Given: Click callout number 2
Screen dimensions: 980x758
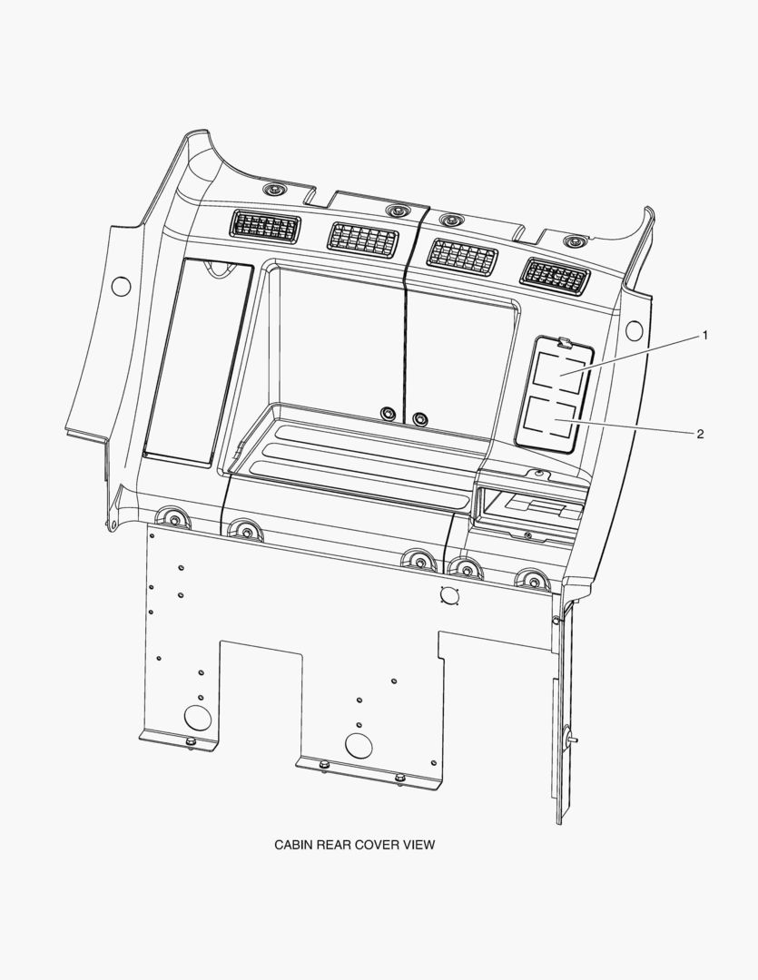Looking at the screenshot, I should click(700, 434).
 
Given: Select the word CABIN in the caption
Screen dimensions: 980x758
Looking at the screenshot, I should click(293, 845).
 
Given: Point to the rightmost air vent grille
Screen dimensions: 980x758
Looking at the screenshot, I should click(555, 275).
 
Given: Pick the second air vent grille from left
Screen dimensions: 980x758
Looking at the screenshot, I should click(362, 239).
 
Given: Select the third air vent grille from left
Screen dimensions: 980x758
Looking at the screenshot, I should click(462, 257).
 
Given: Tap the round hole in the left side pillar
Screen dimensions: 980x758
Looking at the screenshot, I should click(121, 286).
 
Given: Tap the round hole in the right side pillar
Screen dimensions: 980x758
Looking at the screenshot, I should click(634, 329).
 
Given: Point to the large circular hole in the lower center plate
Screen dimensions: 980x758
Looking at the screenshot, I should click(359, 746).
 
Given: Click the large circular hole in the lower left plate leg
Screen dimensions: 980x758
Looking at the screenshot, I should click(198, 718).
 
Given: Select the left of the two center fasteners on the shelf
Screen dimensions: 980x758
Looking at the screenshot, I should click(389, 414).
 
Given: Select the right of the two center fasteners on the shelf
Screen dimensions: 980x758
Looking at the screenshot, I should click(420, 419).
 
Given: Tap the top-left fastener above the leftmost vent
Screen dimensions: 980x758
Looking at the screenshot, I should click(272, 191).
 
